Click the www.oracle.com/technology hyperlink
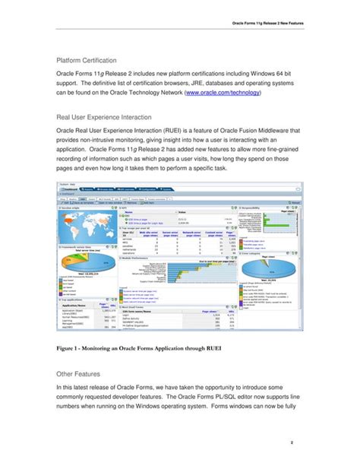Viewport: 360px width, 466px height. point(222,92)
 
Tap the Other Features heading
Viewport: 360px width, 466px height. point(78,375)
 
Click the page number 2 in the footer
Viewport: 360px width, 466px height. point(302,442)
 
